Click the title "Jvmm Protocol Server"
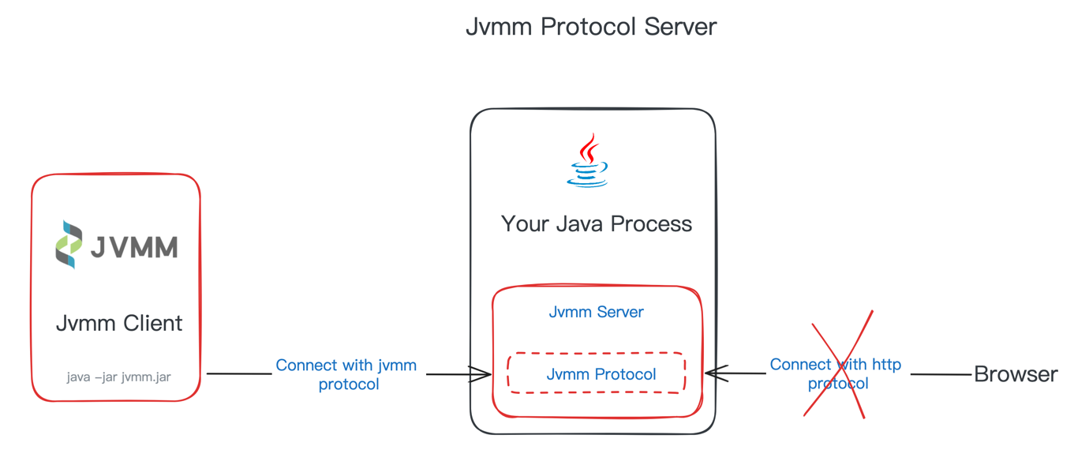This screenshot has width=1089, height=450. (590, 26)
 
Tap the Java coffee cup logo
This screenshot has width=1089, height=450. (588, 161)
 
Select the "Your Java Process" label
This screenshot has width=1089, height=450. (596, 223)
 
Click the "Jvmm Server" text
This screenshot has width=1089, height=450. (596, 312)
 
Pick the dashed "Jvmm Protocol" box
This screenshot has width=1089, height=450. (597, 373)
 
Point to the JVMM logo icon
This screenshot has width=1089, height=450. (69, 245)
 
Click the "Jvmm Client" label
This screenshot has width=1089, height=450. (118, 323)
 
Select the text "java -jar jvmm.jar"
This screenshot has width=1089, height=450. (118, 377)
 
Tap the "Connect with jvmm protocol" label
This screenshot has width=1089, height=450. (346, 375)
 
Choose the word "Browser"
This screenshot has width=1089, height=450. (1016, 374)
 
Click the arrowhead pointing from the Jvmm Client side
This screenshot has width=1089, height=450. (482, 374)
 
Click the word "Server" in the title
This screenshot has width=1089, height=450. (679, 26)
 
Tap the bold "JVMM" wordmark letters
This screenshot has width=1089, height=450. (133, 247)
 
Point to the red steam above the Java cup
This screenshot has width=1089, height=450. (588, 148)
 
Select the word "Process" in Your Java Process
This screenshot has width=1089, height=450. (653, 223)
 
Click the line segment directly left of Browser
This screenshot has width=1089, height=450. (941, 374)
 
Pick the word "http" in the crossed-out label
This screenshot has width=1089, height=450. (885, 365)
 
